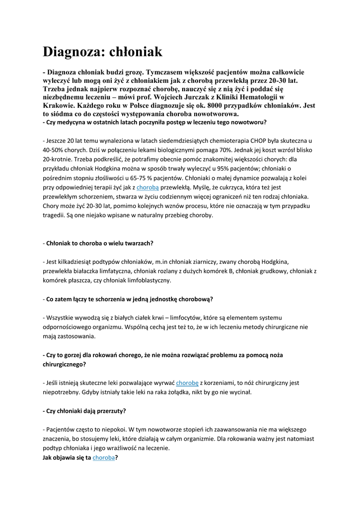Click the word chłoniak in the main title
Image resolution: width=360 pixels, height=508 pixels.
click(x=138, y=52)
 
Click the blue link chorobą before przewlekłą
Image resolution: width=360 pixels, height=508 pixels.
click(x=147, y=188)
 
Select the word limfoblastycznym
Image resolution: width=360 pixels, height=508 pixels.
click(x=147, y=280)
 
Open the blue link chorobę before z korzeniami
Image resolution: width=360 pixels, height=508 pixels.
click(x=187, y=382)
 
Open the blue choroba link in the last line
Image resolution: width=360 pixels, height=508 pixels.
click(x=104, y=457)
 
